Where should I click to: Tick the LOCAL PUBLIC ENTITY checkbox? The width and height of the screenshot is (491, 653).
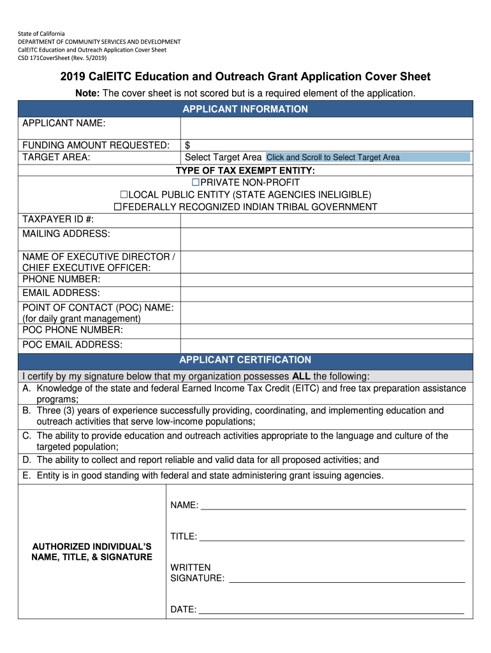click(124, 194)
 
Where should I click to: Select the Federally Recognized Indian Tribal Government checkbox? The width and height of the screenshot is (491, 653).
click(117, 207)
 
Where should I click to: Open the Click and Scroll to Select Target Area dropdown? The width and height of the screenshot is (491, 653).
click(367, 158)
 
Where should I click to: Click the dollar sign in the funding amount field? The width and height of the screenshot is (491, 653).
click(187, 145)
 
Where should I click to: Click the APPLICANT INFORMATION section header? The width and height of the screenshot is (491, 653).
click(246, 109)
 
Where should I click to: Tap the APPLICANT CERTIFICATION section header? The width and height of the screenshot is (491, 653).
click(246, 360)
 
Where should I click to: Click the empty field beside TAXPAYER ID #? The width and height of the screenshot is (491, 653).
click(326, 219)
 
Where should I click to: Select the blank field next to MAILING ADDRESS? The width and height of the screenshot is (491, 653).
click(326, 239)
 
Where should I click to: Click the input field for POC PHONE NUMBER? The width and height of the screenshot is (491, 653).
click(326, 331)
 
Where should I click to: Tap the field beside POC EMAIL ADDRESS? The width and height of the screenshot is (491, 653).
click(326, 345)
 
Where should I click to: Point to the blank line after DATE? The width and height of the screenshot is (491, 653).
click(332, 610)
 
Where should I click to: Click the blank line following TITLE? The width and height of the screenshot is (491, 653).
click(332, 537)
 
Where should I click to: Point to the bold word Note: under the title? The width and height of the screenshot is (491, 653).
click(87, 93)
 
